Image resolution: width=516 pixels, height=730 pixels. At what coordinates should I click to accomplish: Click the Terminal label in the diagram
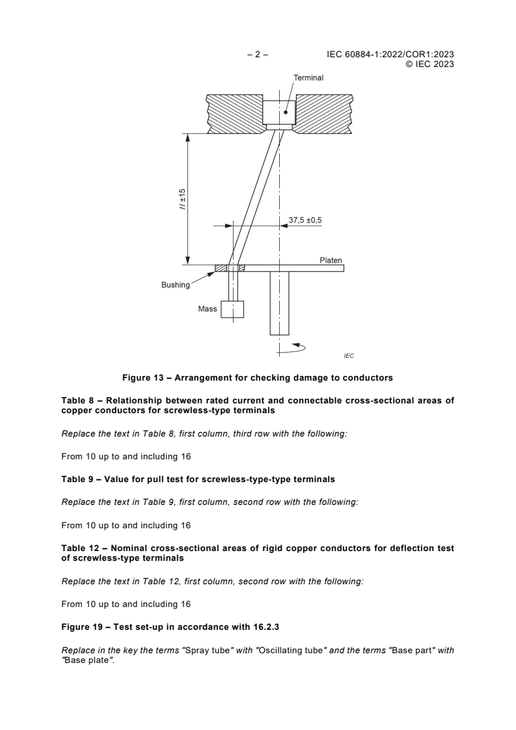[x=308, y=77]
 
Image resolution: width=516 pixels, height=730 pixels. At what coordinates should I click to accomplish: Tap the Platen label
[x=331, y=260]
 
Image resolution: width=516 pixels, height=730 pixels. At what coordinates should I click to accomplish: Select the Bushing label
[x=176, y=284]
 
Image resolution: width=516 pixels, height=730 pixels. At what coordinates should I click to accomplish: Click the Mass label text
[x=208, y=309]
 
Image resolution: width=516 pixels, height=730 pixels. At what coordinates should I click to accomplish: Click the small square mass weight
[x=232, y=309]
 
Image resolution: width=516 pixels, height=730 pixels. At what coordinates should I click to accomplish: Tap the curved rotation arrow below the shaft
[x=293, y=348]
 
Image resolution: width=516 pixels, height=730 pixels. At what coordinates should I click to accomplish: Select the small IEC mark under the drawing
[x=349, y=356]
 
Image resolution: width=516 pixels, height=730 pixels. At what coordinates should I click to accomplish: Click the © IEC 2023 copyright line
[x=430, y=64]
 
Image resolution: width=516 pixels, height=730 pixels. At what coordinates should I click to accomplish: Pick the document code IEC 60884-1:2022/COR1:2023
[x=390, y=55]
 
